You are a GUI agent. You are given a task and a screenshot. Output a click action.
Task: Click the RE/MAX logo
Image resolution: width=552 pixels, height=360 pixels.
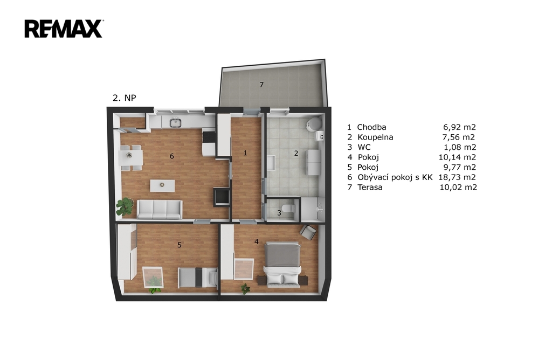point(64,29)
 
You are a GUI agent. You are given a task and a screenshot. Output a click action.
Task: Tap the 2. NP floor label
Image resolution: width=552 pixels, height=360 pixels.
point(125,98)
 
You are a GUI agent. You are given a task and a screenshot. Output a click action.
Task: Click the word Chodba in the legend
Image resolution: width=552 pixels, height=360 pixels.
point(371,127)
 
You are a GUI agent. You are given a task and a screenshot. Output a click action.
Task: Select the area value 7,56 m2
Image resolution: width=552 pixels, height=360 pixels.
point(459,137)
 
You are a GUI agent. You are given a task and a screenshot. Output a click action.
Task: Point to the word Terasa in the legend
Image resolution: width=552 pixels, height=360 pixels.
point(370,187)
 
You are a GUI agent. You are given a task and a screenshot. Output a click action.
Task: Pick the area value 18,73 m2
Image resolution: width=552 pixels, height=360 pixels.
point(457,177)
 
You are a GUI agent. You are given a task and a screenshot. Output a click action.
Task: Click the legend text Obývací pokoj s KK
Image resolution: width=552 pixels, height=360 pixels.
point(395,177)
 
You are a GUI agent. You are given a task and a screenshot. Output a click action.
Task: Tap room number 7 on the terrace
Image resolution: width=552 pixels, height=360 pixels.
point(261,85)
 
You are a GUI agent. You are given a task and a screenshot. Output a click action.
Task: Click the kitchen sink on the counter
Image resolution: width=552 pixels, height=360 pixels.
point(175,122)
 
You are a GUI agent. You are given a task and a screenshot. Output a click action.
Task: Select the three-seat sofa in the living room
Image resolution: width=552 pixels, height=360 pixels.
point(160,210)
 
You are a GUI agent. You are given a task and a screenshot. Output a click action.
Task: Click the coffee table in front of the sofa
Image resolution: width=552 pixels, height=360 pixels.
point(162,186)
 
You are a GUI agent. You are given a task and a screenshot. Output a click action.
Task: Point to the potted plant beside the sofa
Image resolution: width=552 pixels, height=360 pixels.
point(125,206)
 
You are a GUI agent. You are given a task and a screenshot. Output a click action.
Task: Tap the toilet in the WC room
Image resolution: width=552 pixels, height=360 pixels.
point(289,209)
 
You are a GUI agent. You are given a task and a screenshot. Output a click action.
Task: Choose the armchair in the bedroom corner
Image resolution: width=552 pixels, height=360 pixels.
point(308,232)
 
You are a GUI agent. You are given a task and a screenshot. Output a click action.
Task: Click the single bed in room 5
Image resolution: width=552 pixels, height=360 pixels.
point(198,278)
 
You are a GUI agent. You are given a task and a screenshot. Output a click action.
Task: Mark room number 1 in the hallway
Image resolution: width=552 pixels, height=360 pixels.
point(245,153)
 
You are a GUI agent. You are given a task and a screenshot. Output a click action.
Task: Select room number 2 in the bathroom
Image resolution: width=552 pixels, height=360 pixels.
point(296,153)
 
